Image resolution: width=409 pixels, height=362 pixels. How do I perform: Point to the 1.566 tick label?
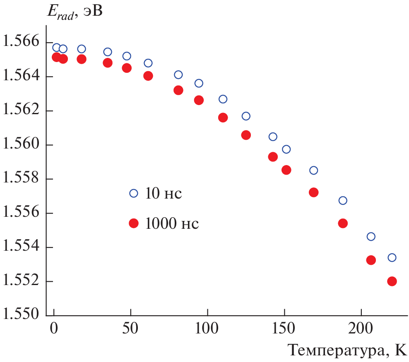[x=20, y=42]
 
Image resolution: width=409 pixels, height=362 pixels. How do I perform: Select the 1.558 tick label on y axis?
[x=20, y=179]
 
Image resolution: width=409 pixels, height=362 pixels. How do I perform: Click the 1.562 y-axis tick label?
[x=20, y=111]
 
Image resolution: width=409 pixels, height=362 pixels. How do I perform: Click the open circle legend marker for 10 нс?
[x=133, y=193]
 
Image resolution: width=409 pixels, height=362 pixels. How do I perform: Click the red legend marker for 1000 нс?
[x=133, y=223]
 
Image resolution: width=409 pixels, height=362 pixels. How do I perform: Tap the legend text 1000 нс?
[x=172, y=224]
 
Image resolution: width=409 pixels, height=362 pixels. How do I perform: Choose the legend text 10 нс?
[x=163, y=194]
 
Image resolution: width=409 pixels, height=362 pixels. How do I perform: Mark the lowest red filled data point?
[x=392, y=281]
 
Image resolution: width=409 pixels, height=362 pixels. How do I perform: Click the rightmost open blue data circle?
[x=392, y=257]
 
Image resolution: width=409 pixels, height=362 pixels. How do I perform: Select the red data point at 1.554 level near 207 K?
[x=371, y=260]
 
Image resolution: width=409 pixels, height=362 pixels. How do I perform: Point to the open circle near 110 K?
[x=223, y=99]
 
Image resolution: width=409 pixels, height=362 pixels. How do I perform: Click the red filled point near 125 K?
[x=246, y=135]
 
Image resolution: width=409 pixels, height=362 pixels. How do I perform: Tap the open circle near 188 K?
[x=343, y=201]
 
